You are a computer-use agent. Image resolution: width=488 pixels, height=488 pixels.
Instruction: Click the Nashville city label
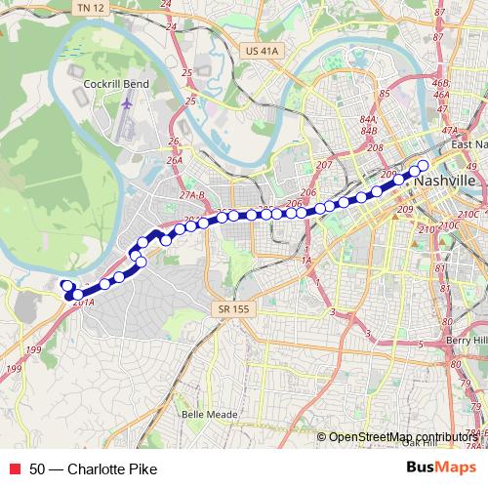(x=445, y=183)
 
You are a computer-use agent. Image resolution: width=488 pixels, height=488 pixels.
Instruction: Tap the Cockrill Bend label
(x=116, y=84)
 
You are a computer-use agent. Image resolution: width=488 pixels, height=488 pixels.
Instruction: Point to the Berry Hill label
(x=465, y=340)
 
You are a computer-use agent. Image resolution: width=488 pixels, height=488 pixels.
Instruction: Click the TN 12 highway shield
(x=88, y=8)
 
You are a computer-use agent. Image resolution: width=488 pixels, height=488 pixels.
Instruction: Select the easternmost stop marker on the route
(x=423, y=165)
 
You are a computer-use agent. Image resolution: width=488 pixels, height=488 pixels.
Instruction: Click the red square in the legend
(x=14, y=469)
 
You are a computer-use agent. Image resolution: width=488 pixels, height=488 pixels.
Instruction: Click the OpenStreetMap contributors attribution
(x=401, y=436)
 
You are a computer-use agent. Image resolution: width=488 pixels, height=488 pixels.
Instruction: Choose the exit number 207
(x=324, y=165)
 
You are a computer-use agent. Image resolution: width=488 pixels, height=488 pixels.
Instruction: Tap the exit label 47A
(x=449, y=130)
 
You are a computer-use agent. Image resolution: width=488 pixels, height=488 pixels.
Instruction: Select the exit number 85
(x=383, y=94)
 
